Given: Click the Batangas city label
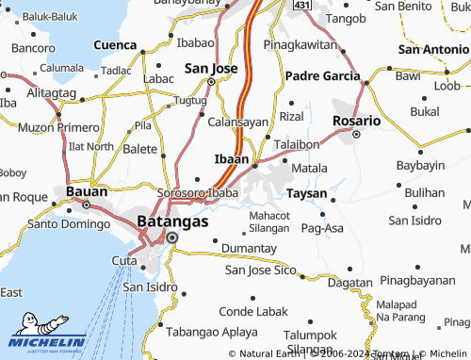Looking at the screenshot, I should (172, 221).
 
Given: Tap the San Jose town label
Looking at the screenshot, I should (210, 68).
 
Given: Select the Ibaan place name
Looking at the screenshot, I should (232, 159).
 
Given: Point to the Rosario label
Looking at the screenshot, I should (357, 121).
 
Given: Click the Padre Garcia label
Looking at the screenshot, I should (322, 75).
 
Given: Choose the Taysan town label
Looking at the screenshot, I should (307, 193).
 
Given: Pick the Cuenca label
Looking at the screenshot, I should (116, 44).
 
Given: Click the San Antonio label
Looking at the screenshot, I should (433, 48).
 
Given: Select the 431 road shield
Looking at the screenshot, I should (301, 6).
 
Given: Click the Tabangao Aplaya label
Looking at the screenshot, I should (212, 333).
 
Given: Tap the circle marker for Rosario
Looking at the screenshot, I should (356, 135).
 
